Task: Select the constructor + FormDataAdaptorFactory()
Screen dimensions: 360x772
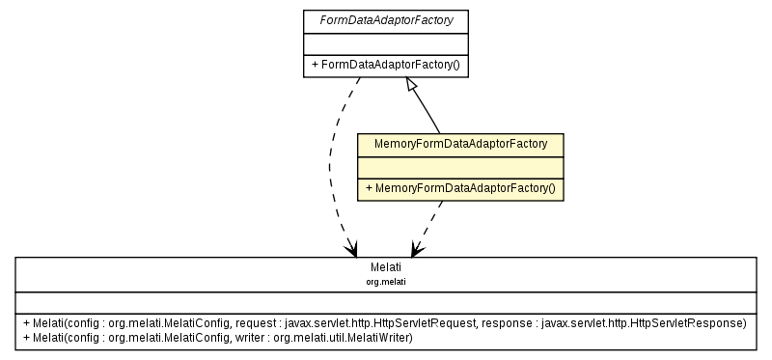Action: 385,66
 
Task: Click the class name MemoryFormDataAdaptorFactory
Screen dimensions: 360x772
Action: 460,144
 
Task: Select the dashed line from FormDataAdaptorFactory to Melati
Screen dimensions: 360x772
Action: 334,164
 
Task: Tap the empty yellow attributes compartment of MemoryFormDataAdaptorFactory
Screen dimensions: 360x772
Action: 460,166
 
